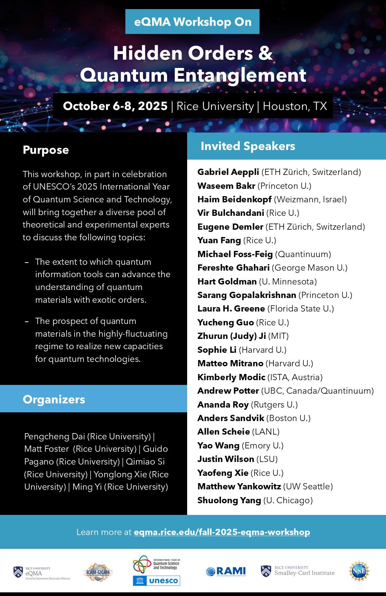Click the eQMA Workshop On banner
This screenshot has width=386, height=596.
point(192,22)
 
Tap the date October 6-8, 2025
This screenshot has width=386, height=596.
point(115,106)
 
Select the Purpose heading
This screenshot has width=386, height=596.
point(46,150)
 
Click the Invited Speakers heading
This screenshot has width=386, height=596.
point(248,146)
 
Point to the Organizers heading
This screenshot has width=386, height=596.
point(54,399)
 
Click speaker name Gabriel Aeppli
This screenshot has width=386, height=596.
point(228,172)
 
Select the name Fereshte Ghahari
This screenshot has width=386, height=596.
point(233,268)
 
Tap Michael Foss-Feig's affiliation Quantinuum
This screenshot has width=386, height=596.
point(303,254)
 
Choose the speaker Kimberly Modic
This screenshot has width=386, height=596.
point(231,377)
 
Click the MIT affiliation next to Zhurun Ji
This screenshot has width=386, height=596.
point(279,336)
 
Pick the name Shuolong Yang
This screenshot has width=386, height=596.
point(229,500)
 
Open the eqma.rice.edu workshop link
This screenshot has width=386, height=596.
point(222,532)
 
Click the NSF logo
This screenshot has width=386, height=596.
point(359,571)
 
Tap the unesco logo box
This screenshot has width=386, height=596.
point(157,580)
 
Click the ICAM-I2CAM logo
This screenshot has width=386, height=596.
point(98,572)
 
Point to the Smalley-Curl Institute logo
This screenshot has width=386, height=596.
point(298,571)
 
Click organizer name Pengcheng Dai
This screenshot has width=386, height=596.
point(54,436)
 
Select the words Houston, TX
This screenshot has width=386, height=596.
point(295,106)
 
